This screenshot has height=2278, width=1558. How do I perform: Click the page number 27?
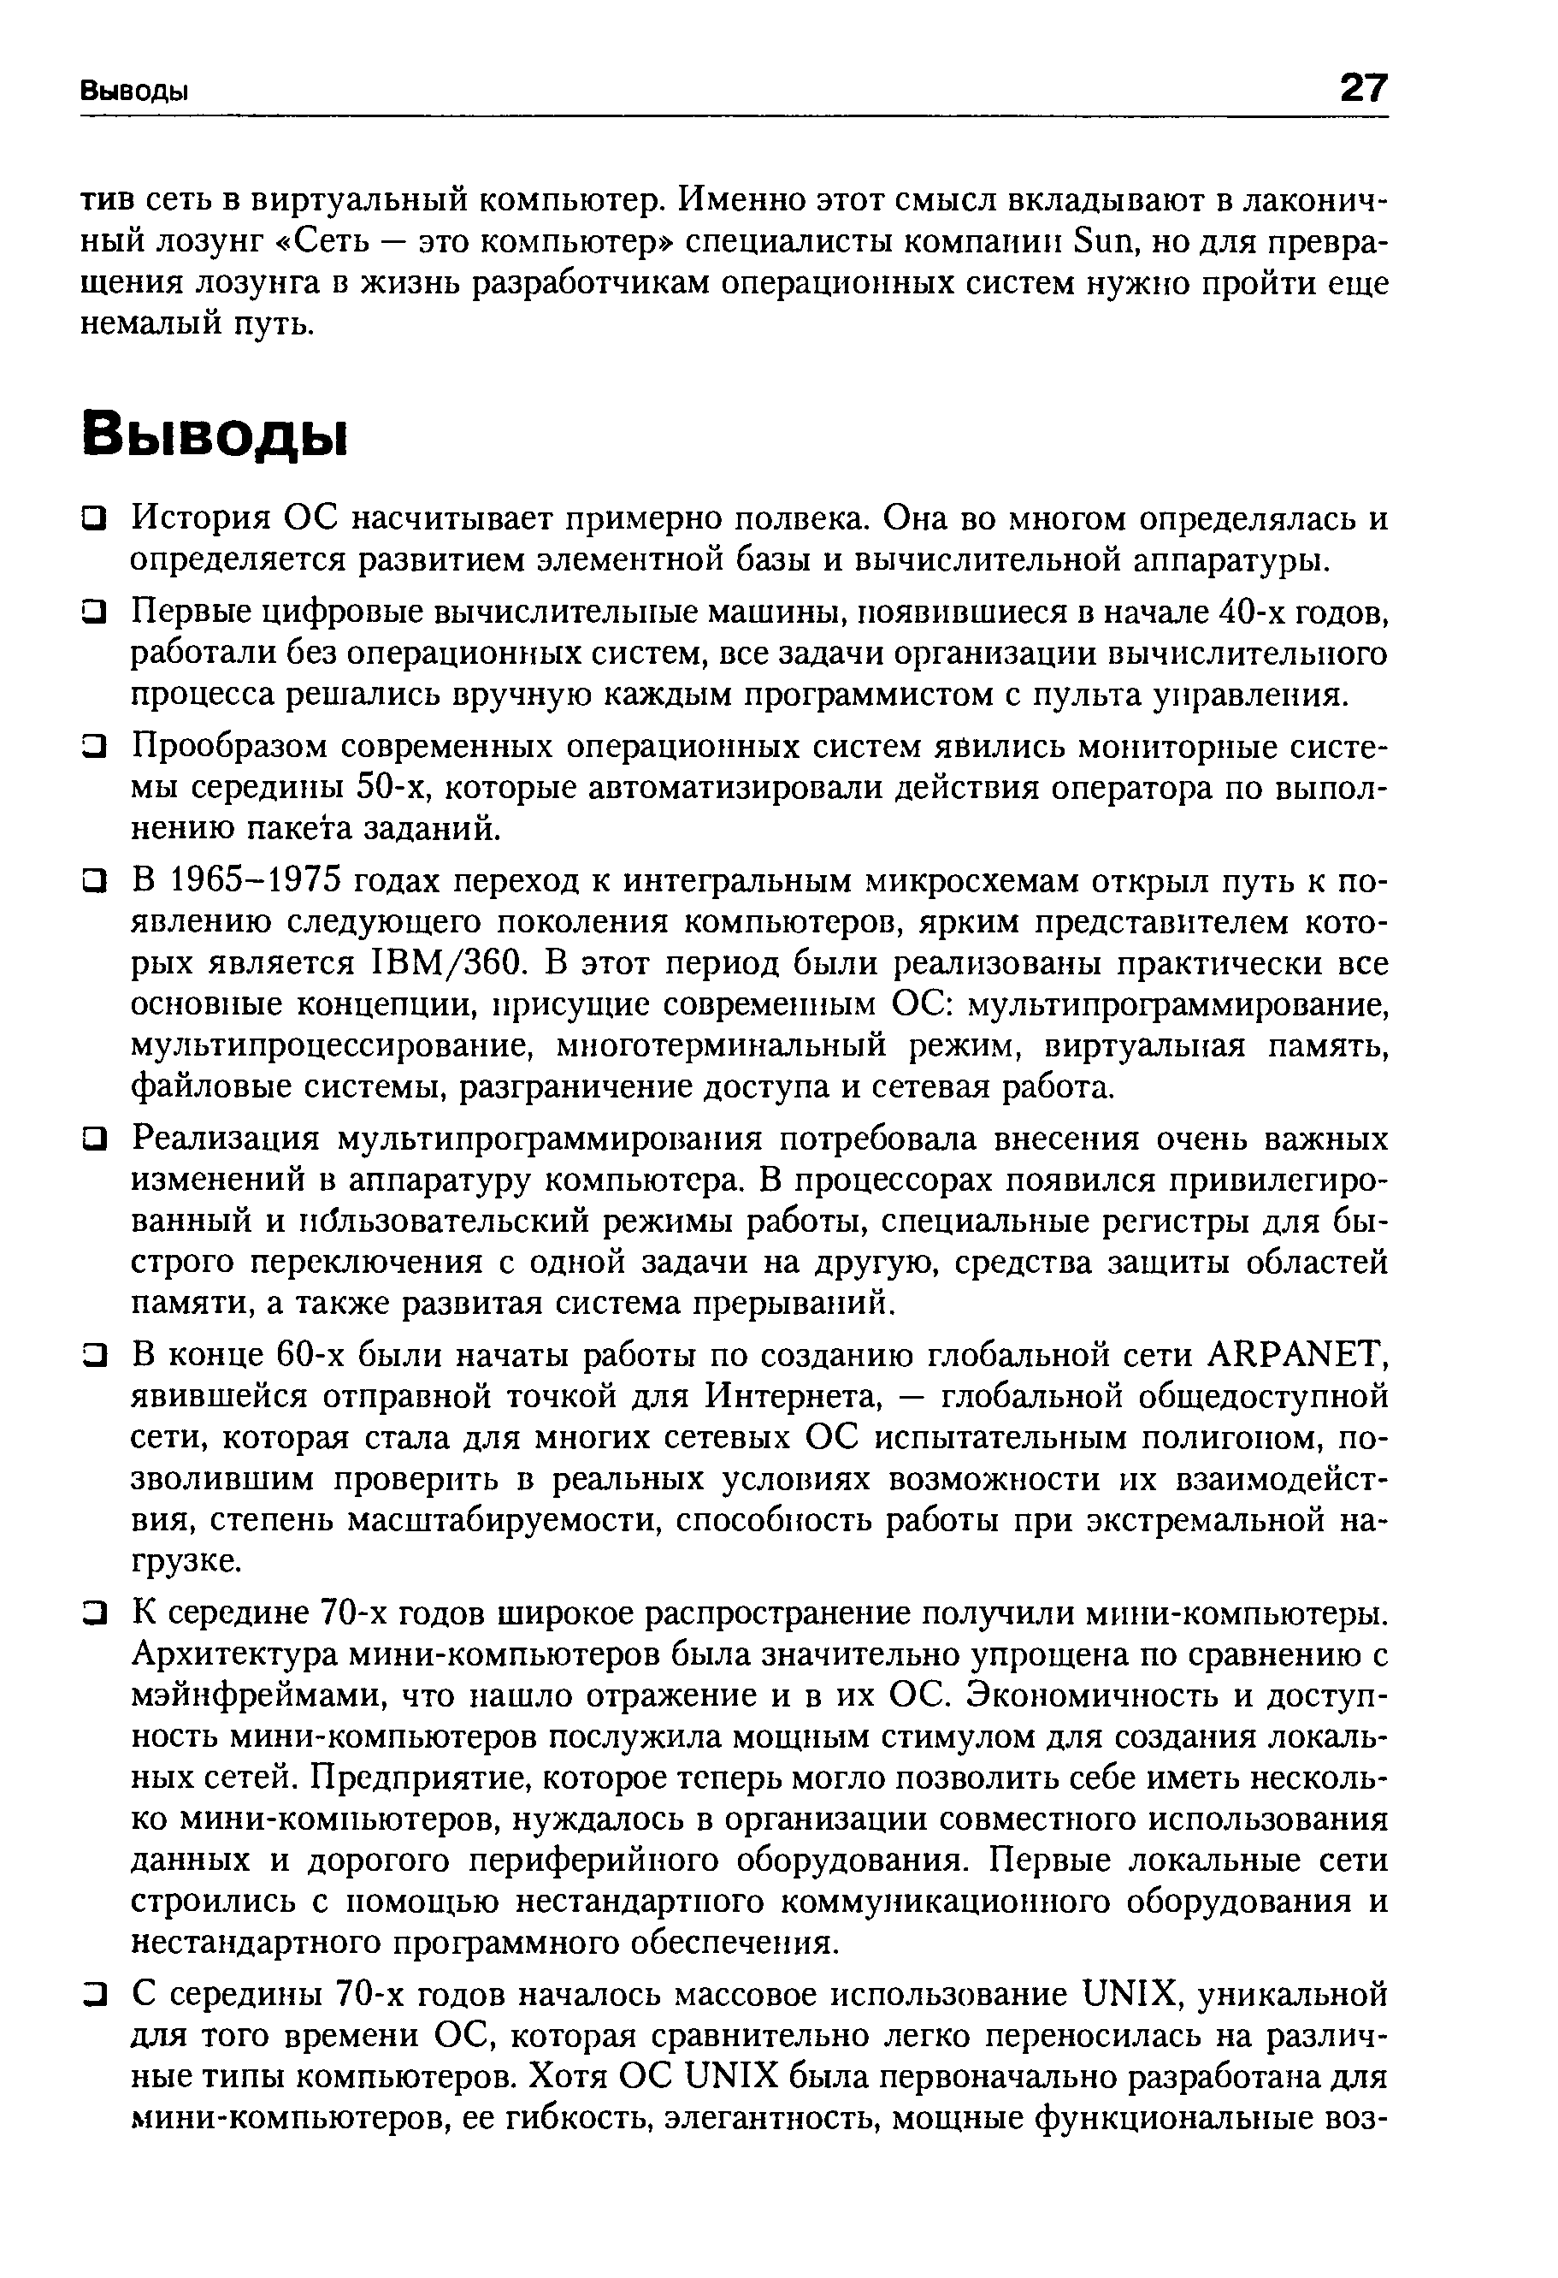click(1363, 88)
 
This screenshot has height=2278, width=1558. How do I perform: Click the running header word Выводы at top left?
click(134, 92)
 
